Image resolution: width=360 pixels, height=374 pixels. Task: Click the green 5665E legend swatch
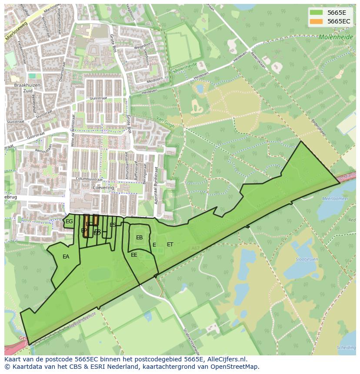coord(317,13)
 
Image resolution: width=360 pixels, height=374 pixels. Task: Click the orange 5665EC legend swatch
coord(317,21)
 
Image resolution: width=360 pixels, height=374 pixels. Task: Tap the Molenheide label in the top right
coord(336,37)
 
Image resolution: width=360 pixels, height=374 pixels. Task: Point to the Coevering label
coord(103,188)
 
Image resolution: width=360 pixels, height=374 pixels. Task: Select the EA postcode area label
coord(66,257)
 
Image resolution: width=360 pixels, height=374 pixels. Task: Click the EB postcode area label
coord(139,238)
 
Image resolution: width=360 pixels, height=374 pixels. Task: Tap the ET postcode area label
coord(170,245)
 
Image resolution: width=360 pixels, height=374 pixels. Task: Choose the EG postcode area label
coord(69,222)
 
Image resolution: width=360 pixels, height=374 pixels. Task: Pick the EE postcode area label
coord(134,255)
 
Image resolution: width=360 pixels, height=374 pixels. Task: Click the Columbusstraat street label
coord(89,179)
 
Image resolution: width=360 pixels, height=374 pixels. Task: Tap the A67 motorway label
coord(195,248)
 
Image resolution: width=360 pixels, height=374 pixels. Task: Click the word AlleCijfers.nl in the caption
coord(226,359)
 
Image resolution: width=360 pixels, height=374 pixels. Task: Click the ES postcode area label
coord(113,225)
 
